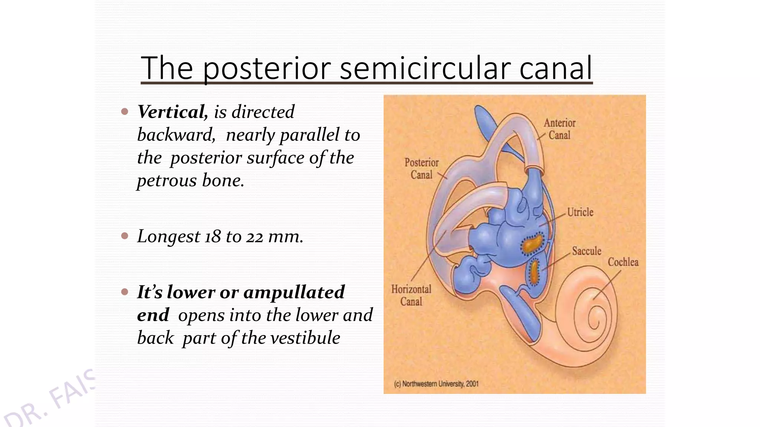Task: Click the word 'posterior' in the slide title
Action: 266,69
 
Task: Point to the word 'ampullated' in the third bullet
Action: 294,292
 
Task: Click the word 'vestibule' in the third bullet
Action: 305,338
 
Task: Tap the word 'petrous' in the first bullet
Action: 167,181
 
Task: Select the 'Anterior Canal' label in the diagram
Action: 559,129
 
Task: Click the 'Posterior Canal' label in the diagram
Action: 422,169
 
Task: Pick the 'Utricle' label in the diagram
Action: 580,212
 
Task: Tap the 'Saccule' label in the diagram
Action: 586,251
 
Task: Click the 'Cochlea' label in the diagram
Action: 623,262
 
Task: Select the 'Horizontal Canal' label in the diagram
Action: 411,295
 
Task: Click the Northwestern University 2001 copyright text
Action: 436,384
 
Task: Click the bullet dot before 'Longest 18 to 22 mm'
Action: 125,236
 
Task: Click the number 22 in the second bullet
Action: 255,236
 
